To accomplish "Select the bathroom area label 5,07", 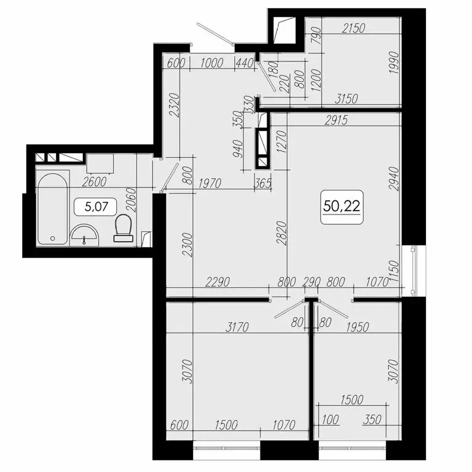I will point(94,207).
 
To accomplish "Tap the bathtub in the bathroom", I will point(51,209).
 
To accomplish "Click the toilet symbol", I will point(124,227).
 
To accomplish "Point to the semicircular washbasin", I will point(84,234).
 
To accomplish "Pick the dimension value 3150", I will point(347,98).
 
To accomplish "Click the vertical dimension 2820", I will point(281,234).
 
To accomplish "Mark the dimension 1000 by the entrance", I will point(211,61).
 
